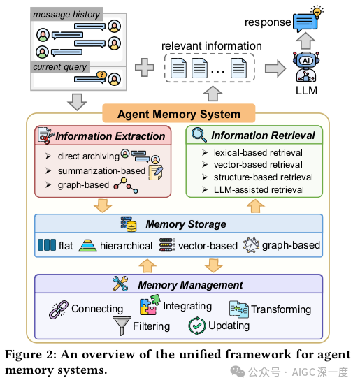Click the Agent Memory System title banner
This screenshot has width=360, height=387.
coord(178,114)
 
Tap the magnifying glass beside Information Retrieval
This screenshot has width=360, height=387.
coord(199,135)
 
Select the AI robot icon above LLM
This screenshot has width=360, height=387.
coord(306,66)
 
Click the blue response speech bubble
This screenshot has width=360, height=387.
coord(305,23)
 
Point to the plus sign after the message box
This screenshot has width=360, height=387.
coord(145,67)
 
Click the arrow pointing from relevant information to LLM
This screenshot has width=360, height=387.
coord(275,68)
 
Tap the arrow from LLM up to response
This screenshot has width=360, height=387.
coord(305,41)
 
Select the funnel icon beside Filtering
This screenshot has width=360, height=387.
coord(122,326)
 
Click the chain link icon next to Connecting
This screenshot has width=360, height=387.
coord(59,309)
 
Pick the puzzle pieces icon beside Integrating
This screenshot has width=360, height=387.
coord(150,305)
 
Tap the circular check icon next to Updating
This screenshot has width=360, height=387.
coord(197,326)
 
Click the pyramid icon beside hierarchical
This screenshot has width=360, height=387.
coord(87,246)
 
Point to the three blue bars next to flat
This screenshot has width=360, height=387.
coord(47,244)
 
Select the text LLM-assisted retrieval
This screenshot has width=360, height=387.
coord(259,189)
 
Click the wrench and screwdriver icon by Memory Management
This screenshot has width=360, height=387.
coord(120,284)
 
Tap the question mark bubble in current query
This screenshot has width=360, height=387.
coord(101,74)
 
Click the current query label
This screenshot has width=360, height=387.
coord(59,67)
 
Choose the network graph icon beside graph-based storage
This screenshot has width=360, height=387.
coord(251,244)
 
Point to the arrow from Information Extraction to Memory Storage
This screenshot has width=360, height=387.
coord(103,205)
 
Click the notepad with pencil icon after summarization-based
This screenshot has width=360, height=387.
coord(156,173)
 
